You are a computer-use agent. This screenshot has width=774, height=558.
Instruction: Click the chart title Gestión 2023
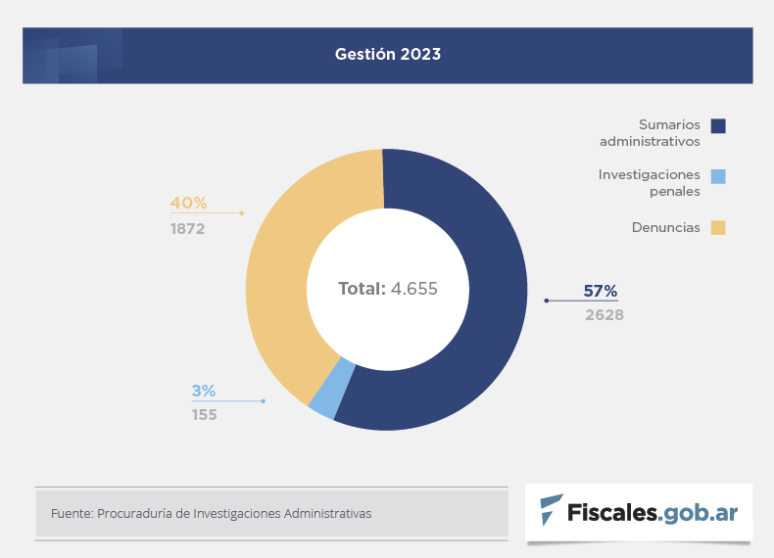tap(388, 55)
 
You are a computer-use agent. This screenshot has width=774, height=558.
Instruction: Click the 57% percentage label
tap(601, 291)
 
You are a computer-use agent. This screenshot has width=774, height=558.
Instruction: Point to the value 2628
tap(605, 315)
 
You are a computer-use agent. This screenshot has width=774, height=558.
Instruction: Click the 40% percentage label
tap(189, 203)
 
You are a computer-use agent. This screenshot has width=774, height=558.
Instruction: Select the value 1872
tap(187, 229)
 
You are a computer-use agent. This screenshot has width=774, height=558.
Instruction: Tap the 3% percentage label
tap(203, 391)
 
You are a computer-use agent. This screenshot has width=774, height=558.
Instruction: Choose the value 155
tap(205, 415)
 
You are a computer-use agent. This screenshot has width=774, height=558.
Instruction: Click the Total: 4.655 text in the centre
tap(388, 289)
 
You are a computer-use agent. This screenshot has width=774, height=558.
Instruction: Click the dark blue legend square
tap(718, 125)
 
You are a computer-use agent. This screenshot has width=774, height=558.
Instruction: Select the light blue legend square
tap(718, 176)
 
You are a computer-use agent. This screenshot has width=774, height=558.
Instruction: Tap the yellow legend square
tap(718, 228)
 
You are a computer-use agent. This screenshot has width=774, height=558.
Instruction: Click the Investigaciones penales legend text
tap(650, 183)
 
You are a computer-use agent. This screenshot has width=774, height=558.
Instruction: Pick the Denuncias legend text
tap(666, 227)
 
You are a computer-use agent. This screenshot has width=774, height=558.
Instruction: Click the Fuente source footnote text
tap(211, 513)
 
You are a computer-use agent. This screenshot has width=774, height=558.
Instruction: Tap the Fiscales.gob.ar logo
tap(639, 512)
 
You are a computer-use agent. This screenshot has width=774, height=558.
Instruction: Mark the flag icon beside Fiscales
tap(552, 510)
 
